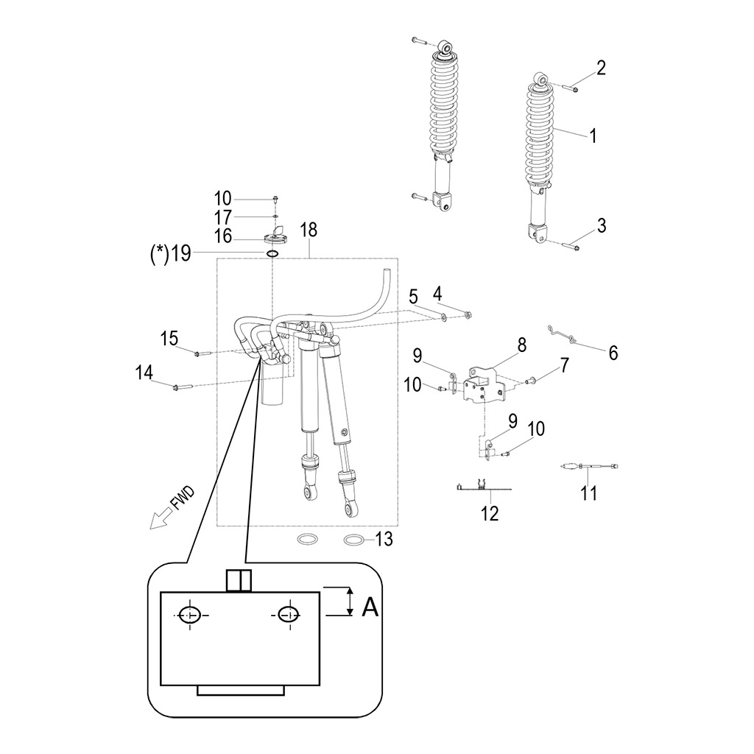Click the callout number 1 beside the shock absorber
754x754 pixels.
(x=591, y=135)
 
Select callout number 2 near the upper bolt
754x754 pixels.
(x=601, y=68)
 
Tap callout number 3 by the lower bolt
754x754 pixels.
(x=602, y=225)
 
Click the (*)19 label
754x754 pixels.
(x=171, y=254)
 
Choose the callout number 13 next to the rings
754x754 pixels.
(x=384, y=540)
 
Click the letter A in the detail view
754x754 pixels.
(x=371, y=607)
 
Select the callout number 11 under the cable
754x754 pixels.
(x=588, y=493)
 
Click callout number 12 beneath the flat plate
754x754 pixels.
(x=490, y=513)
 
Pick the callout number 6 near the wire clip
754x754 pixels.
(x=613, y=353)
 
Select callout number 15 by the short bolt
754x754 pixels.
(x=169, y=338)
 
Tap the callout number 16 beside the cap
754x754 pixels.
(x=223, y=236)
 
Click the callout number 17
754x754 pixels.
(x=223, y=217)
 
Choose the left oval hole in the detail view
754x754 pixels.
(x=191, y=614)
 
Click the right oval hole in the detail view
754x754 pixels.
(x=288, y=614)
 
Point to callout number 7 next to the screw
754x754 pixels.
(x=565, y=364)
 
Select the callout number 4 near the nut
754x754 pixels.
(x=437, y=292)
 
